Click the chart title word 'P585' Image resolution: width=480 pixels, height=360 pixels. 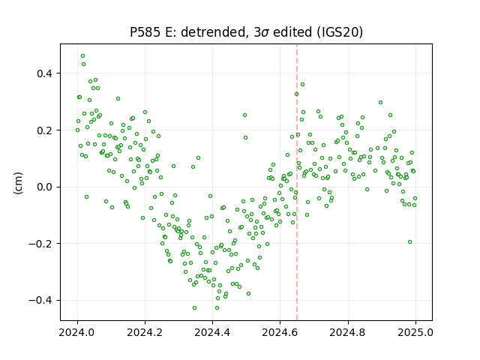145,32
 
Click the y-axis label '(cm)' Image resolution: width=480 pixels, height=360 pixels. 18,183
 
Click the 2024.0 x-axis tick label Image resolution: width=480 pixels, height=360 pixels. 77,332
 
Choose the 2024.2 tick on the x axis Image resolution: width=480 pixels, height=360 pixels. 145,332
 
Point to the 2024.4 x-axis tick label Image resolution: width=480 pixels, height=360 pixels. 212,332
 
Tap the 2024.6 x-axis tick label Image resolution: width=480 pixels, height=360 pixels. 280,332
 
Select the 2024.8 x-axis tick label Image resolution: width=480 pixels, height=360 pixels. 348,332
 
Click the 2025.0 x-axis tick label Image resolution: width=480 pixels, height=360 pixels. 415,332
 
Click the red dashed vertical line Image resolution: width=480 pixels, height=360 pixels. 297,182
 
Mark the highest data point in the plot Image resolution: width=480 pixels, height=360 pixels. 83,56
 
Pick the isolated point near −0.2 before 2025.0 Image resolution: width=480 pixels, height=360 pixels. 410,241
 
